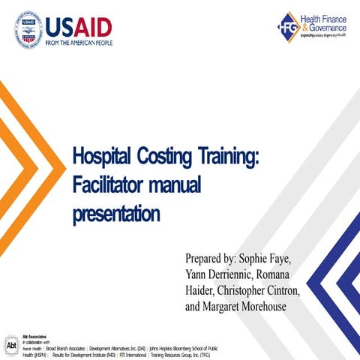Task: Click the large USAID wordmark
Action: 79,27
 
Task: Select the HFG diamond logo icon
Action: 289,27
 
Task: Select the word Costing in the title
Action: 164,157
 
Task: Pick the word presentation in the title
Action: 115,214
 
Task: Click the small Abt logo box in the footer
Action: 10,346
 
